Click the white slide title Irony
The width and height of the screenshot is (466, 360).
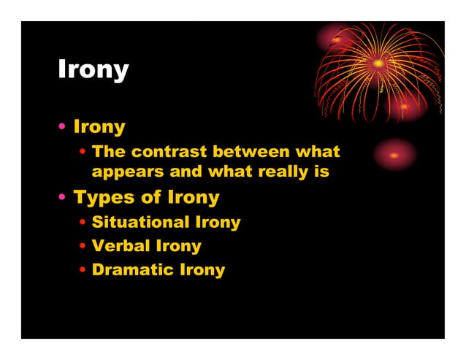pos(93,71)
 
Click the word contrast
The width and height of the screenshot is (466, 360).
pos(166,152)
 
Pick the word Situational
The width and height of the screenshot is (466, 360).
pos(140,222)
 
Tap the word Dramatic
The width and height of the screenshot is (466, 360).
pos(133,270)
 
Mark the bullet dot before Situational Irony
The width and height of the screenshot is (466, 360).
pos(83,223)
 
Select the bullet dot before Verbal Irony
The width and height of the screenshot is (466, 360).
pos(83,247)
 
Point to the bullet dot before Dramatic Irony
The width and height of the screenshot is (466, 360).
pos(83,271)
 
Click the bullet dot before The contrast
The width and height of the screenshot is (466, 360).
pos(83,153)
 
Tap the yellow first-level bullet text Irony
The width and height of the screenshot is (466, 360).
pos(99,127)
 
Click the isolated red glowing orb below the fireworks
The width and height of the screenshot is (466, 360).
pos(394,155)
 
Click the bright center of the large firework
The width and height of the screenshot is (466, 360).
pos(378,64)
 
